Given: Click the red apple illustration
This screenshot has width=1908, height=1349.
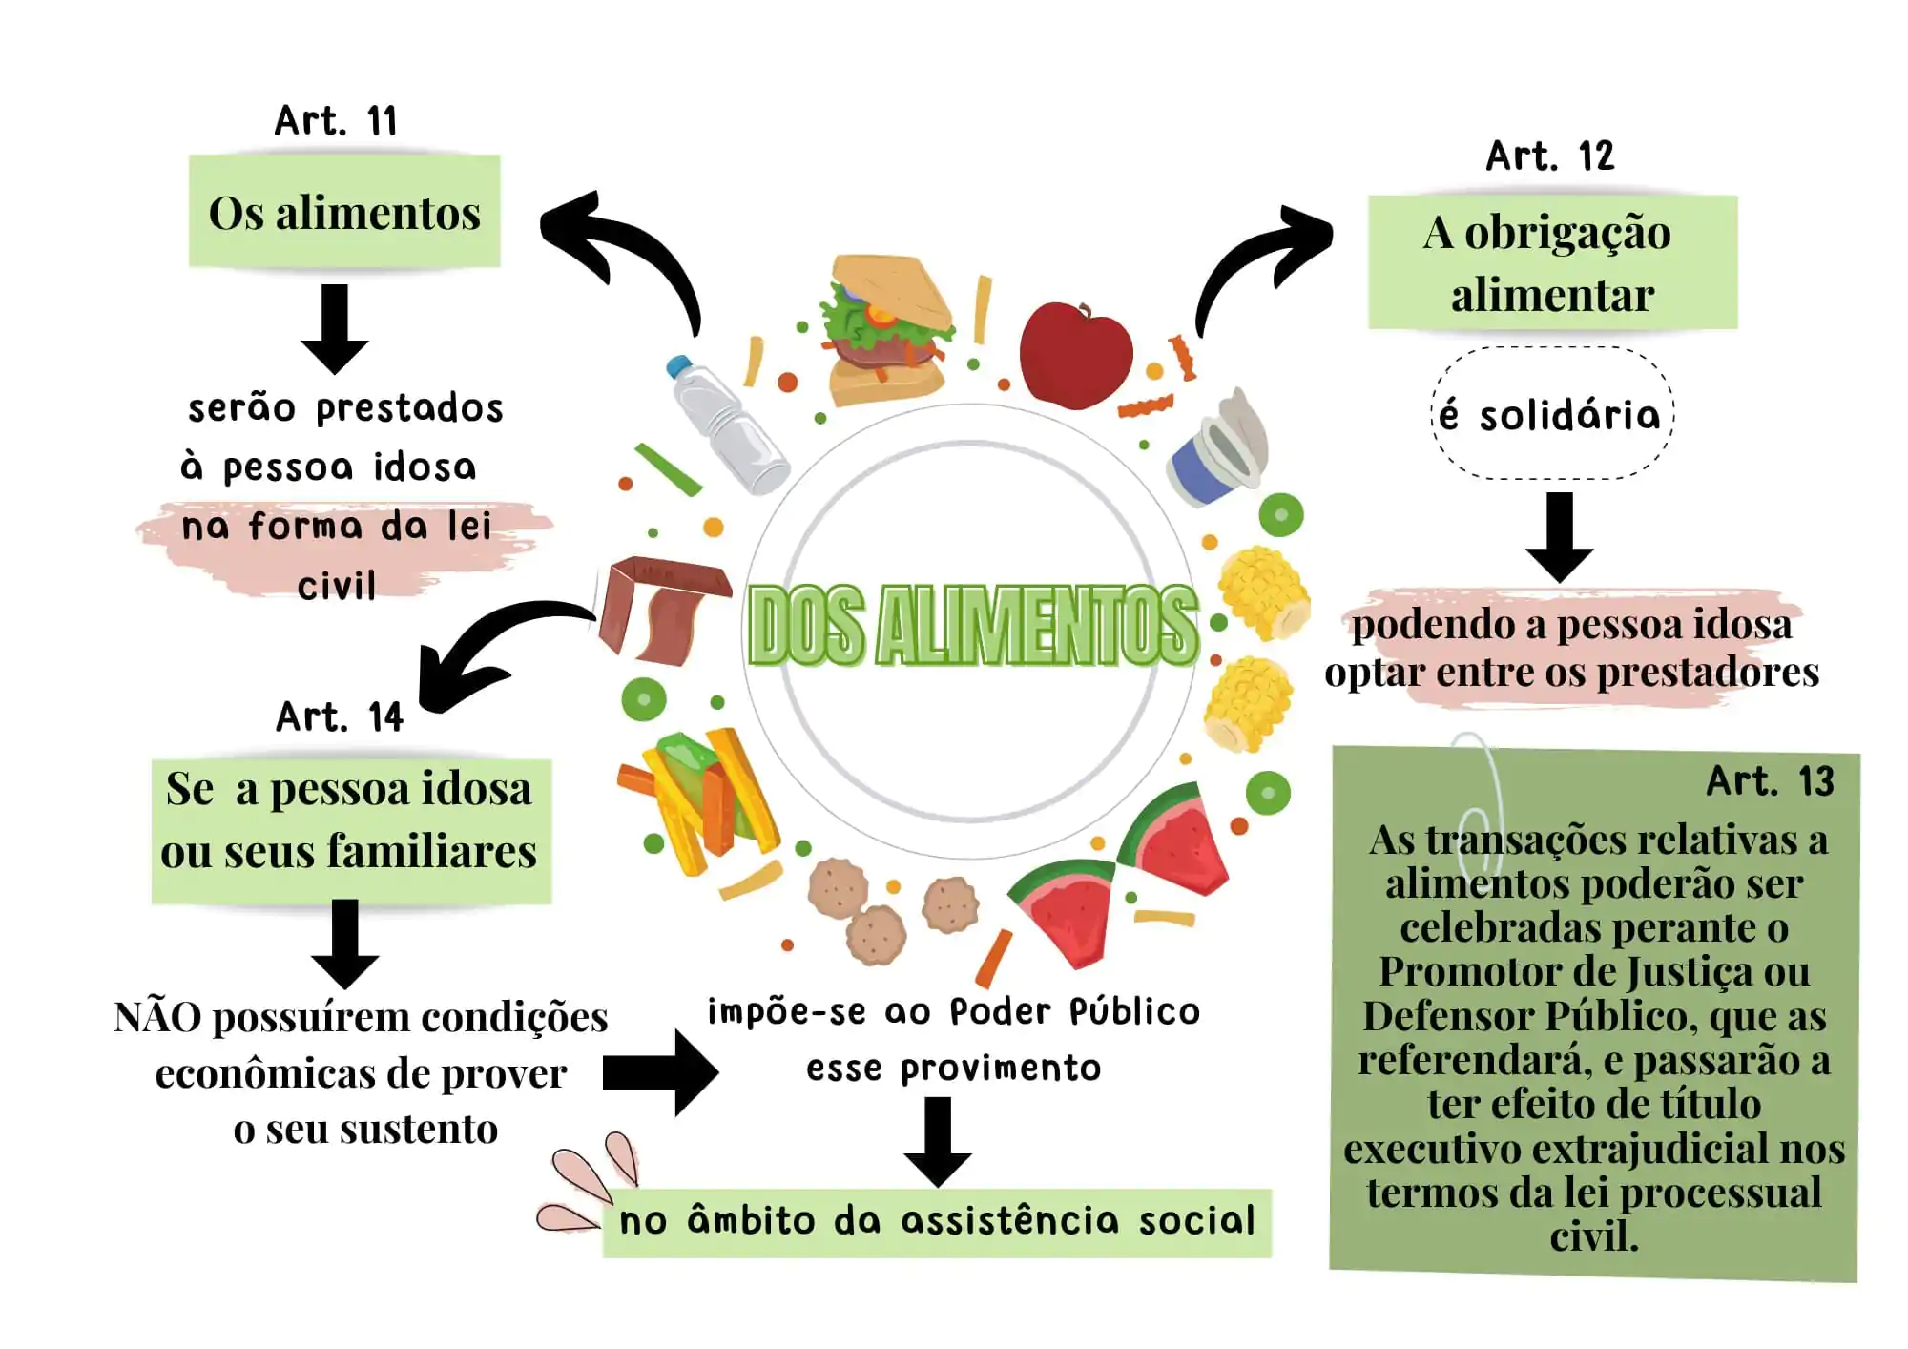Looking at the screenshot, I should pos(1075,355).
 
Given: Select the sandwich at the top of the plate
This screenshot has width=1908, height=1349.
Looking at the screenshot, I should pos(886,329).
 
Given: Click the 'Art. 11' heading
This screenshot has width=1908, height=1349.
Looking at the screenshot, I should pos(336,121).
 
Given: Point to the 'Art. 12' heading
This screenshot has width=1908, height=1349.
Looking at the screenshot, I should pos(1550,156).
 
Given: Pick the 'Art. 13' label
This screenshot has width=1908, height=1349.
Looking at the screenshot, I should pos(1770,781).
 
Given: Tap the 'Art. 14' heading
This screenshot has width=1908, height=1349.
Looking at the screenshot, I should pos(340,717).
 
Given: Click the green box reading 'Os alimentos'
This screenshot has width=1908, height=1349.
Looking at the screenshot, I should pos(344,212).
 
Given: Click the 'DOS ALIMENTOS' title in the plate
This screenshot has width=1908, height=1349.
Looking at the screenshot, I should pos(971,626).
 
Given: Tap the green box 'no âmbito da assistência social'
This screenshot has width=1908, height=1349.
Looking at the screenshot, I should pos(937,1222).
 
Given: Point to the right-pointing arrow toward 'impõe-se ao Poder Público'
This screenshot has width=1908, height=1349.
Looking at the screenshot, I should pos(661,1072).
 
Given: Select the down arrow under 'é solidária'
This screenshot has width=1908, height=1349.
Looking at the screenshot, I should pos(1559,536).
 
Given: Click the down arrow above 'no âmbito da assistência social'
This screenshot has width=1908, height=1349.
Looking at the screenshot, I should pos(938,1141).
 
